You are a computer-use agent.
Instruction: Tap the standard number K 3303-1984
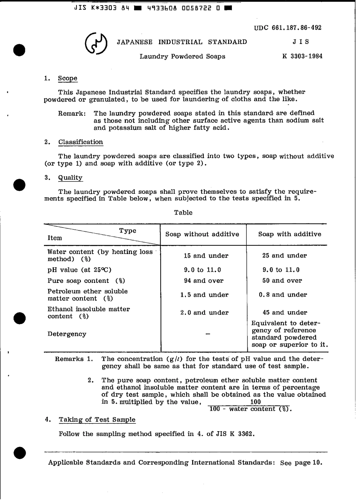click(x=302, y=56)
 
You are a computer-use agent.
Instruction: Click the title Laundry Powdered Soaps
click(x=182, y=56)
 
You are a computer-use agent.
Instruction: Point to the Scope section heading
click(x=67, y=78)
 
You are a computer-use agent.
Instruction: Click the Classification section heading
click(x=80, y=142)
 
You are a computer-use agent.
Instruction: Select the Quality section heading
click(x=70, y=178)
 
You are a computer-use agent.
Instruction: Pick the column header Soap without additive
click(x=202, y=234)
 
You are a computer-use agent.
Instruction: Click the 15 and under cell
click(x=206, y=256)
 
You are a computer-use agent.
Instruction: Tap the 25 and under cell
click(x=284, y=256)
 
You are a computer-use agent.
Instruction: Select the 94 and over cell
click(x=206, y=281)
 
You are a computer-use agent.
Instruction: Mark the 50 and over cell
click(x=284, y=281)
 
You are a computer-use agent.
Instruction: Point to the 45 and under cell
click(x=285, y=312)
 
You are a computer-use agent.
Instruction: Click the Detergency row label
click(x=67, y=334)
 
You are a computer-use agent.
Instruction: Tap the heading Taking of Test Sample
click(x=97, y=419)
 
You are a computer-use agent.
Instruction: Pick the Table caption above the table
click(x=183, y=213)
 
